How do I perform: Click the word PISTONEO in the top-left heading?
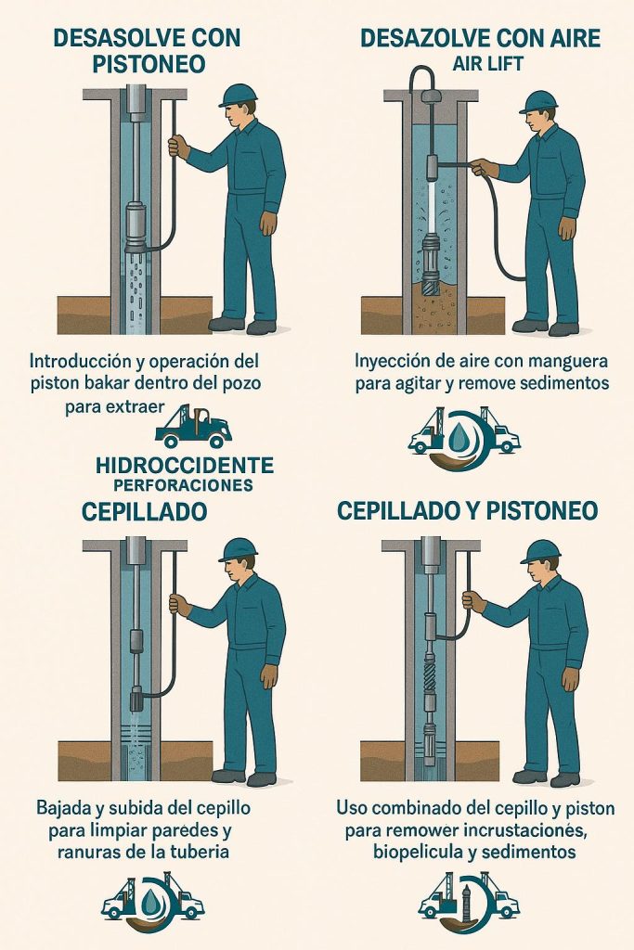click(149, 64)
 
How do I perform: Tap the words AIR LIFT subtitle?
click(487, 64)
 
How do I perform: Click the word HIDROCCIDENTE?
click(185, 466)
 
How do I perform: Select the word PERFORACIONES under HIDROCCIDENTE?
click(183, 484)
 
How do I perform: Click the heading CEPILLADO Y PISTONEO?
click(467, 511)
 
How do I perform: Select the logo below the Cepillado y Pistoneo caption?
click(469, 904)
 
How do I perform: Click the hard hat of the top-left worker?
click(237, 96)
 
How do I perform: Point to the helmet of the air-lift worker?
click(537, 102)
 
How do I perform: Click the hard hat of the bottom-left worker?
click(237, 550)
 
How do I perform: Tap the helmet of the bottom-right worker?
click(539, 552)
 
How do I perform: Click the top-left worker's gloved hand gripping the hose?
click(178, 147)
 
